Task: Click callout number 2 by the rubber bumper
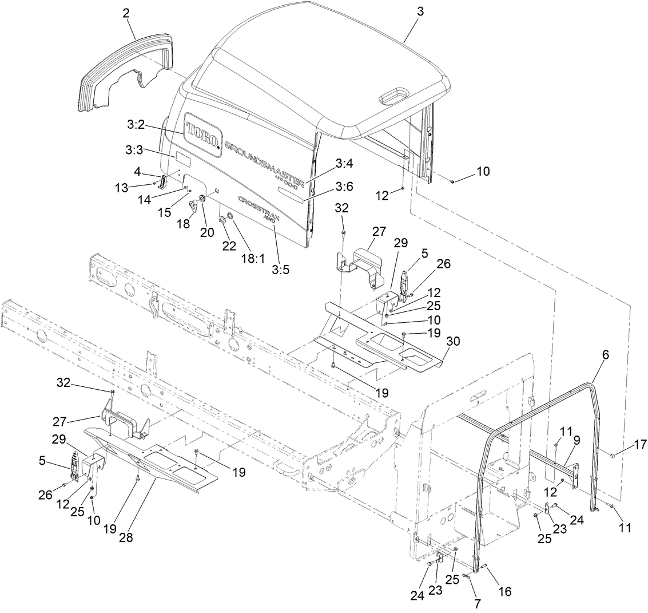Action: pyautogui.click(x=126, y=11)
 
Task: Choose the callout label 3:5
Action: pyautogui.click(x=281, y=269)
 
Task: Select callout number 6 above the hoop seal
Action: pyautogui.click(x=605, y=355)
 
